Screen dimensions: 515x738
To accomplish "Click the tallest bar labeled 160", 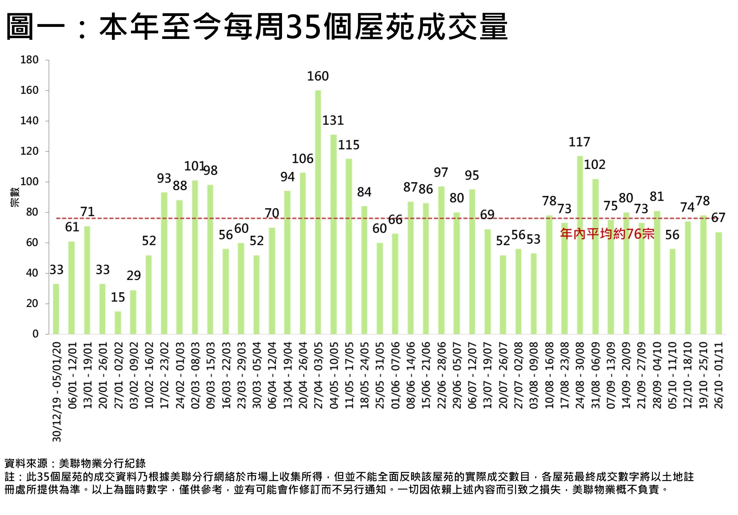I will coord(318,212).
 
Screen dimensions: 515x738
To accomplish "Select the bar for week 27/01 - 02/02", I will coord(118,323).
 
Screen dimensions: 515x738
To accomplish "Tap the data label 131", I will coord(333,120).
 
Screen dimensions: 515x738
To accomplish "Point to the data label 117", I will coord(579,142).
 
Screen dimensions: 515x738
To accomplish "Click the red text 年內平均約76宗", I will coord(607,234).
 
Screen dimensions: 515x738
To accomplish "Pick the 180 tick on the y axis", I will coord(30,60).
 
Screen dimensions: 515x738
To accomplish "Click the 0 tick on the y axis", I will coord(35,334).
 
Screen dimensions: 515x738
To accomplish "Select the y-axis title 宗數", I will coord(15,197).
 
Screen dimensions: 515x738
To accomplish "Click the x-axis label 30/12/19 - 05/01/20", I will coord(57,392).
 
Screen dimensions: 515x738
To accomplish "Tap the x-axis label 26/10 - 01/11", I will coord(718,375).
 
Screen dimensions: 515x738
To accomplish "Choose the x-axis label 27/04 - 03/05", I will coord(318,375).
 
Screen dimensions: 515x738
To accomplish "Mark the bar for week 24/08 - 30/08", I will coord(580,245).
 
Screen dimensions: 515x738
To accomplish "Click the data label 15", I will coord(118,298).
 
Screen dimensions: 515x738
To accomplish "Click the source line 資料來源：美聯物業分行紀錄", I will coord(75,463).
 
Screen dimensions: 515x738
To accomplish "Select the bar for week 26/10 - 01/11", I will coord(718,283).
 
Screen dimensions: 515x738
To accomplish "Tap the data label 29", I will coord(133,276).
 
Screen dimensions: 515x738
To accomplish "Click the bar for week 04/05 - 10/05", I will coord(334,234).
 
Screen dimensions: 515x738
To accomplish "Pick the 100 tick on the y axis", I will coord(30,182).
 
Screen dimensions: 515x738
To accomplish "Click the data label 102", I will coord(594,165).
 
